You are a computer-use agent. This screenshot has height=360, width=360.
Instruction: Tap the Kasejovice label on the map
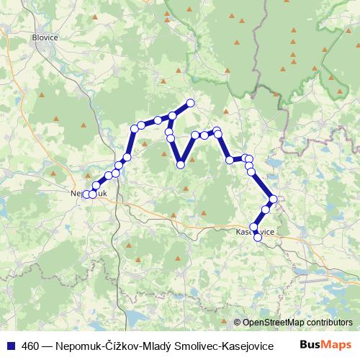tap(253, 232)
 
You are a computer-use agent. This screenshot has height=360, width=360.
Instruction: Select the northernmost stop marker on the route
tap(191, 102)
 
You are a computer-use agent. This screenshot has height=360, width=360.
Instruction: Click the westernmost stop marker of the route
tap(86, 194)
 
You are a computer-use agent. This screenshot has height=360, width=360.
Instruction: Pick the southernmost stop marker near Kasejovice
tap(257, 236)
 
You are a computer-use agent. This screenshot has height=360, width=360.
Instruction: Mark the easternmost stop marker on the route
tap(273, 199)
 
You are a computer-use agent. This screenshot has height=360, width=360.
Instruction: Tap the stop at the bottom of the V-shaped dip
tap(181, 165)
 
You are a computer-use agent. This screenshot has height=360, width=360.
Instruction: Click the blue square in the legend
tap(9, 344)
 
